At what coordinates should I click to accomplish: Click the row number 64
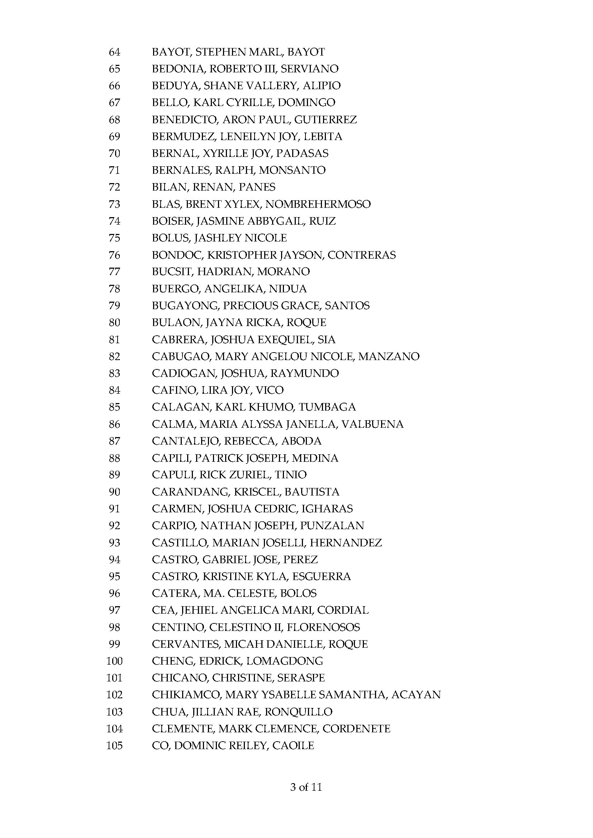pos(114,52)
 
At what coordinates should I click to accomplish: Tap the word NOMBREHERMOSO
pos(318,204)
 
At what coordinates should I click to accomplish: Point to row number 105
pos(114,745)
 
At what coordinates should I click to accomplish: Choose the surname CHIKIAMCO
pos(186,695)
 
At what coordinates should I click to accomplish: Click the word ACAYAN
pos(416,695)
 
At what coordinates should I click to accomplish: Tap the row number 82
pos(114,356)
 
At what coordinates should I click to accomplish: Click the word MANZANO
pos(389,356)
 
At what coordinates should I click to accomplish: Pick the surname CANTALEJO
pos(185,441)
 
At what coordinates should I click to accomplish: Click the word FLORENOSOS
pos(323,627)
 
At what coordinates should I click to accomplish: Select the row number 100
pos(114,661)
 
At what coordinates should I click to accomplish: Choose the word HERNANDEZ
pos(346,543)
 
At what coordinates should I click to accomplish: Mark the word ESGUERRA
pos(321,576)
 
